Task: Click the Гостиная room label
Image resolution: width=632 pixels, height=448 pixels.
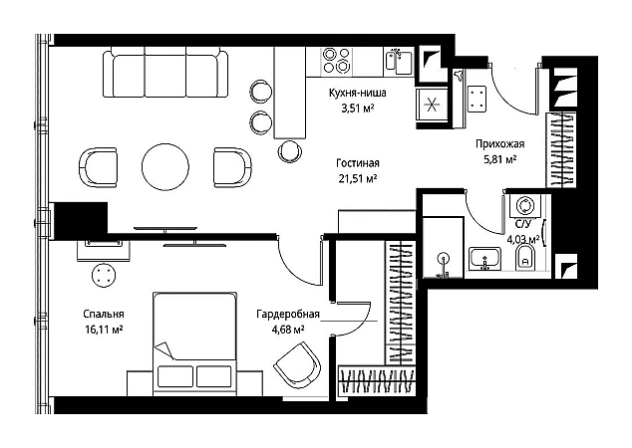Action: pos(358,163)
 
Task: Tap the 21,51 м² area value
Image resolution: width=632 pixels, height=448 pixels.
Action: pos(358,178)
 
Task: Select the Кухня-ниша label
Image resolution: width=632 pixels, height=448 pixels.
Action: pos(358,93)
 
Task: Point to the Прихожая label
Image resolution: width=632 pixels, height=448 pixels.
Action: pos(499,143)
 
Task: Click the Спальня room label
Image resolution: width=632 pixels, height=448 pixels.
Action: pos(104,314)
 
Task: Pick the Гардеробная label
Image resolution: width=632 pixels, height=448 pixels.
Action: pos(288,314)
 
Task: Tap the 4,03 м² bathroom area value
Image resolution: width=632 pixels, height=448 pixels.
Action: pos(522,240)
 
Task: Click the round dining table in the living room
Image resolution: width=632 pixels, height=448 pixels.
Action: pos(165,166)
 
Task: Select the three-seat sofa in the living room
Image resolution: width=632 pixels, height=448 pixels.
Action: pos(165,73)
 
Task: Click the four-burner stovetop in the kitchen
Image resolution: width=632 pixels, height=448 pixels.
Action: pos(336,61)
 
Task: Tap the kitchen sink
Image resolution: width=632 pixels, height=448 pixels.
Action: pos(398,62)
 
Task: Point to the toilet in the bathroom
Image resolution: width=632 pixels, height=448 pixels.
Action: pos(525,258)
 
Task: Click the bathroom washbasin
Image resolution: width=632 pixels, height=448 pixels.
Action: pos(484,258)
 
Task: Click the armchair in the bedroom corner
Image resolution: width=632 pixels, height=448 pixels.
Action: pos(297,363)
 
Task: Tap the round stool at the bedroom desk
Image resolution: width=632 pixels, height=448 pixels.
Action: pos(104,275)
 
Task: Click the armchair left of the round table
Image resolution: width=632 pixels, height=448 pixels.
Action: pos(98,167)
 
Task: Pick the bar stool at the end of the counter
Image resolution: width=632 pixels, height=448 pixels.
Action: pos(290,151)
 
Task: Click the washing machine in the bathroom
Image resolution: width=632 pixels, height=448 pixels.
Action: pos(525,206)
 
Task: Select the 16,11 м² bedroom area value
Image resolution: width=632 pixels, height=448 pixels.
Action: pos(104,331)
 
